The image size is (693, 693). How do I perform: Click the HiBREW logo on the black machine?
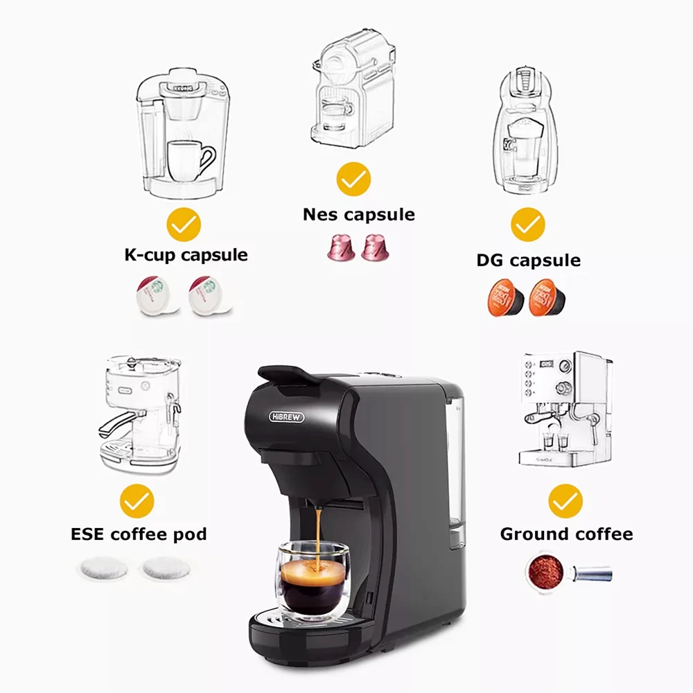(286, 416)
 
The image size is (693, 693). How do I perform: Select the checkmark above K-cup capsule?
(184, 225)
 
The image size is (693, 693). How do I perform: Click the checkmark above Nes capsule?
(353, 179)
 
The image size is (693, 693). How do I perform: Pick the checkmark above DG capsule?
(527, 225)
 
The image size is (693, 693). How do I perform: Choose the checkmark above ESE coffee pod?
(137, 501)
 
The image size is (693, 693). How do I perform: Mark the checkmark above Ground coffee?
(565, 501)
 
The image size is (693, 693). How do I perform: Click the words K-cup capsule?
(186, 256)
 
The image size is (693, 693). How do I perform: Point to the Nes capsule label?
(359, 215)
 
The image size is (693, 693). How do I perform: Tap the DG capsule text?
(529, 261)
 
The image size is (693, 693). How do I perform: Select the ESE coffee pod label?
(139, 534)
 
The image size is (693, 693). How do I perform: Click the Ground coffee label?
(567, 534)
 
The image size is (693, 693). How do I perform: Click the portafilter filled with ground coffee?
(568, 572)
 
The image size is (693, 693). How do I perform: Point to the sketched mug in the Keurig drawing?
(190, 161)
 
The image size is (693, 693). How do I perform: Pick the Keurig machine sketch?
(182, 133)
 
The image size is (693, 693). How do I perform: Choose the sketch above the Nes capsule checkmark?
(353, 89)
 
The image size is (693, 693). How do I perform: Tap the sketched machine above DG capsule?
(525, 131)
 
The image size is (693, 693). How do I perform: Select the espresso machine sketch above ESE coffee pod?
(140, 414)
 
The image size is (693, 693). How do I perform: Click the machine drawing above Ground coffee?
(565, 409)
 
